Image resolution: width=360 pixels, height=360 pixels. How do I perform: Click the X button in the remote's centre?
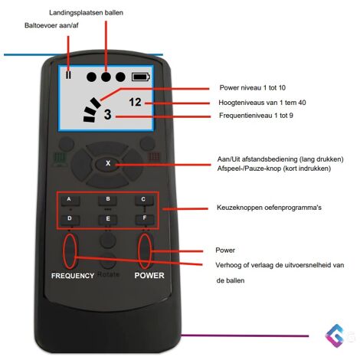pyautogui.click(x=108, y=163)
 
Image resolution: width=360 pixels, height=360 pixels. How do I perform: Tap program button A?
pyautogui.click(x=70, y=201)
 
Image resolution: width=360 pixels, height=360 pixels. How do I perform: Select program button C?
pyautogui.click(x=144, y=201)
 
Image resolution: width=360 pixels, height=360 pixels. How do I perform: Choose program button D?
pyautogui.click(x=70, y=220)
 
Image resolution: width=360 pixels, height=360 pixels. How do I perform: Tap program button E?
pyautogui.click(x=108, y=220)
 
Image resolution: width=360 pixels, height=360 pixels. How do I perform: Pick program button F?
pyautogui.click(x=145, y=219)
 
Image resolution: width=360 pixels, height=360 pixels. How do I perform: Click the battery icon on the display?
pyautogui.click(x=141, y=77)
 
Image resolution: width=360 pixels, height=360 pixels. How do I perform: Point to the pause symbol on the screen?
pyautogui.click(x=68, y=75)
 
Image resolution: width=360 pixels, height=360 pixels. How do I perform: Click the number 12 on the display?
pyautogui.click(x=135, y=102)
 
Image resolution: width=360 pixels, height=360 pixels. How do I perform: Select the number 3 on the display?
pyautogui.click(x=107, y=114)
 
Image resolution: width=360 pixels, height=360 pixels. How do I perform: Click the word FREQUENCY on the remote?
pyautogui.click(x=73, y=276)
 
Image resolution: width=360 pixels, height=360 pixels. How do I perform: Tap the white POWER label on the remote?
pyautogui.click(x=149, y=276)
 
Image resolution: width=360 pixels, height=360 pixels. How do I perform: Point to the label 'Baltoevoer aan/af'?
pyautogui.click(x=51, y=25)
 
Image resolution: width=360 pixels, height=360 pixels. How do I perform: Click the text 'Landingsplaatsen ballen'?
pyautogui.click(x=86, y=13)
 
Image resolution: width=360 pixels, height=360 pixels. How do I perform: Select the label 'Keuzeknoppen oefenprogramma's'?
pyautogui.click(x=269, y=208)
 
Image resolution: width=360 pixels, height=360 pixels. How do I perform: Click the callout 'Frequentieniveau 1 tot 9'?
pyautogui.click(x=256, y=116)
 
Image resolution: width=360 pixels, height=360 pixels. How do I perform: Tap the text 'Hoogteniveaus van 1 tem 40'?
pyautogui.click(x=262, y=103)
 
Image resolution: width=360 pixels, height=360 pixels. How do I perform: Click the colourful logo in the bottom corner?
pyautogui.click(x=336, y=336)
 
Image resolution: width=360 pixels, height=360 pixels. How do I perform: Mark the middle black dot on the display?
pyautogui.click(x=106, y=77)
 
